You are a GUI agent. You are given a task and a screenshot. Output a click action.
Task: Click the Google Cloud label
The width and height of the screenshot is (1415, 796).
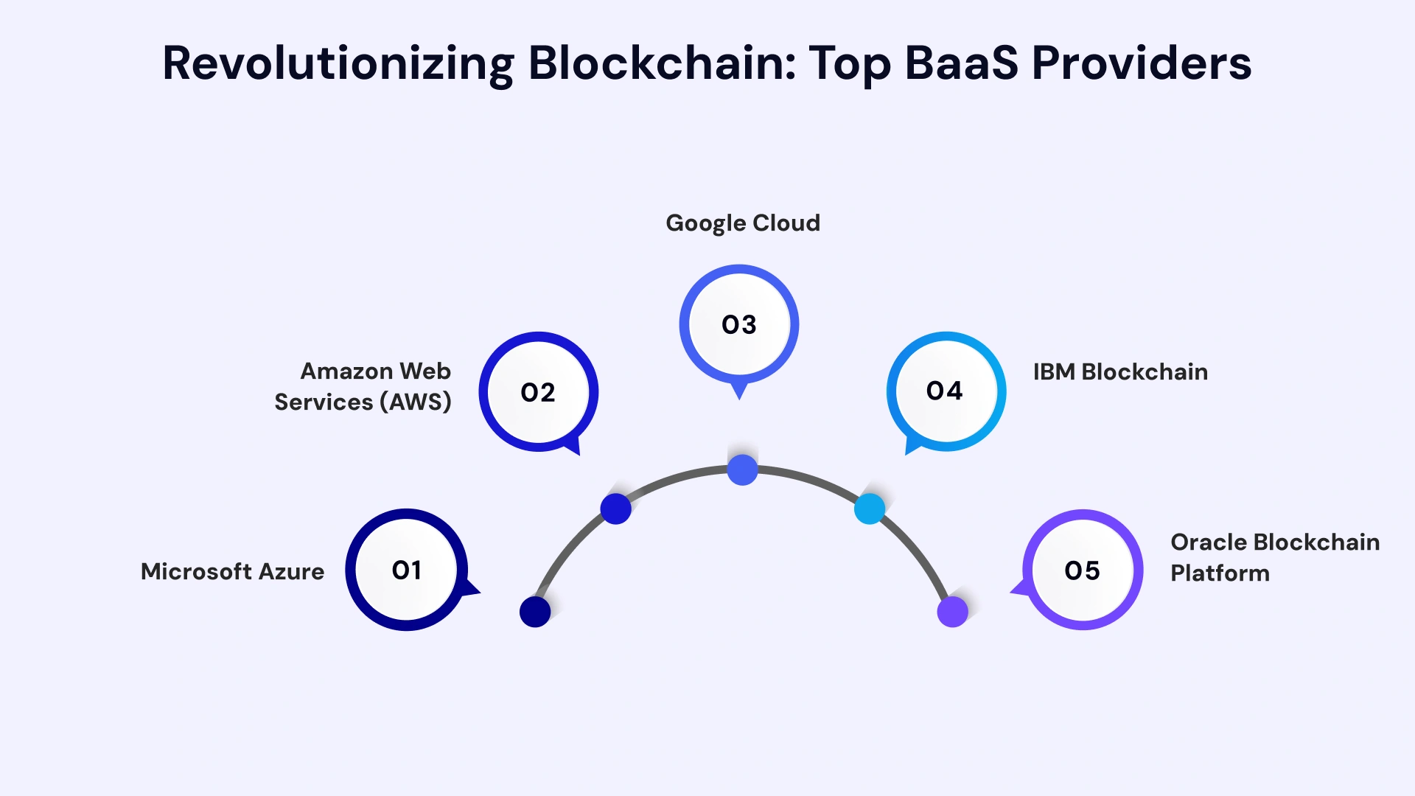[x=742, y=223]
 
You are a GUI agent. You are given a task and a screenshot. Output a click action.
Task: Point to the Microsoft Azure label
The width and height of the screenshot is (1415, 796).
[x=232, y=572]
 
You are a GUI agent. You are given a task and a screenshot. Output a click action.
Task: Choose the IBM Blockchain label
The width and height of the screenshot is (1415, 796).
[x=1119, y=372]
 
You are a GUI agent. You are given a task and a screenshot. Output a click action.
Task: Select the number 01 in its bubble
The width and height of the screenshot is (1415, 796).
[x=407, y=570]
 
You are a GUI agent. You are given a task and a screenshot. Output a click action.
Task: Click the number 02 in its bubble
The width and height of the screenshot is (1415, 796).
[x=538, y=393]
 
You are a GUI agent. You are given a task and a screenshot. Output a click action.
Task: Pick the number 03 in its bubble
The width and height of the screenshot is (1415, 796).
[x=739, y=325]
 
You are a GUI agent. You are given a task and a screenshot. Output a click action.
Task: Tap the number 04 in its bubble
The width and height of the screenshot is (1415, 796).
[x=945, y=391]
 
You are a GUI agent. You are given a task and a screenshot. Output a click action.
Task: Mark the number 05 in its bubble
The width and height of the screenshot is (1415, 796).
[x=1082, y=570]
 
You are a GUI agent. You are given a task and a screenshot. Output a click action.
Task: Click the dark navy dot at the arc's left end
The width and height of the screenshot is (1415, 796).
[x=535, y=612]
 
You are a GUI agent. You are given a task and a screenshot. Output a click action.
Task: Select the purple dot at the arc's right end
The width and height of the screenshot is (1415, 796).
[x=952, y=612]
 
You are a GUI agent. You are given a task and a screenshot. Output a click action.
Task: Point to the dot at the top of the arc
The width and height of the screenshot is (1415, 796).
[x=742, y=470]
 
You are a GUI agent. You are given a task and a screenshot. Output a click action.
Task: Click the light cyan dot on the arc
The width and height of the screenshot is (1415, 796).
[x=870, y=509]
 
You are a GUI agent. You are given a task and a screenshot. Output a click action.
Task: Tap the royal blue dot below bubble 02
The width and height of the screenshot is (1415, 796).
[x=615, y=509]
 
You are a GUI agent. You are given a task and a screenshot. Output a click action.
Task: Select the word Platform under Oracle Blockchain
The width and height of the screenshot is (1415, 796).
[x=1220, y=573]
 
